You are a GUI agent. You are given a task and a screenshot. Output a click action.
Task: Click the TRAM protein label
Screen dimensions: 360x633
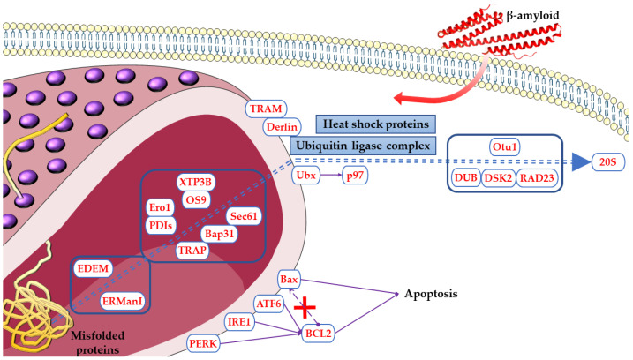click(x=267, y=109)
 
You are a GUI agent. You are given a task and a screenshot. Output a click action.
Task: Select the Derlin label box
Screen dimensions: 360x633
click(x=283, y=127)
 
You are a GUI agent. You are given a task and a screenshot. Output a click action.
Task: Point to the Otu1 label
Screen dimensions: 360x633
click(x=503, y=146)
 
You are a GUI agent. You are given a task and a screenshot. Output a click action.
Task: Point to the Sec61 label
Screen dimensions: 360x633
click(x=243, y=216)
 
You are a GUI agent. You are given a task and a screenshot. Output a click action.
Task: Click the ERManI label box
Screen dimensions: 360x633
click(x=117, y=300)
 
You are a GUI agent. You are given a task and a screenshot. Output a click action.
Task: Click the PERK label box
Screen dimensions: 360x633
click(x=202, y=341)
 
